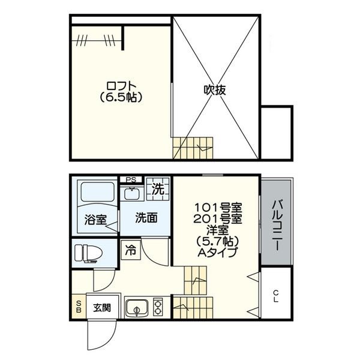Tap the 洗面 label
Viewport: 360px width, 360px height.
pyautogui.click(x=145, y=218)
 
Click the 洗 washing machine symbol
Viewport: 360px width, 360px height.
pyautogui.click(x=157, y=189)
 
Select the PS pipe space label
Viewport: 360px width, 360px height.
pyautogui.click(x=131, y=179)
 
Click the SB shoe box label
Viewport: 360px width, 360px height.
pyautogui.click(x=79, y=306)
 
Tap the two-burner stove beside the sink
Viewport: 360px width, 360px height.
pyautogui.click(x=158, y=307)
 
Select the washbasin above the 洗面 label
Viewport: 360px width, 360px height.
pyautogui.click(x=130, y=193)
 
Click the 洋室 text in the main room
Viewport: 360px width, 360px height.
pyautogui.click(x=217, y=230)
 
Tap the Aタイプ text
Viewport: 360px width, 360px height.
pyautogui.click(x=217, y=252)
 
